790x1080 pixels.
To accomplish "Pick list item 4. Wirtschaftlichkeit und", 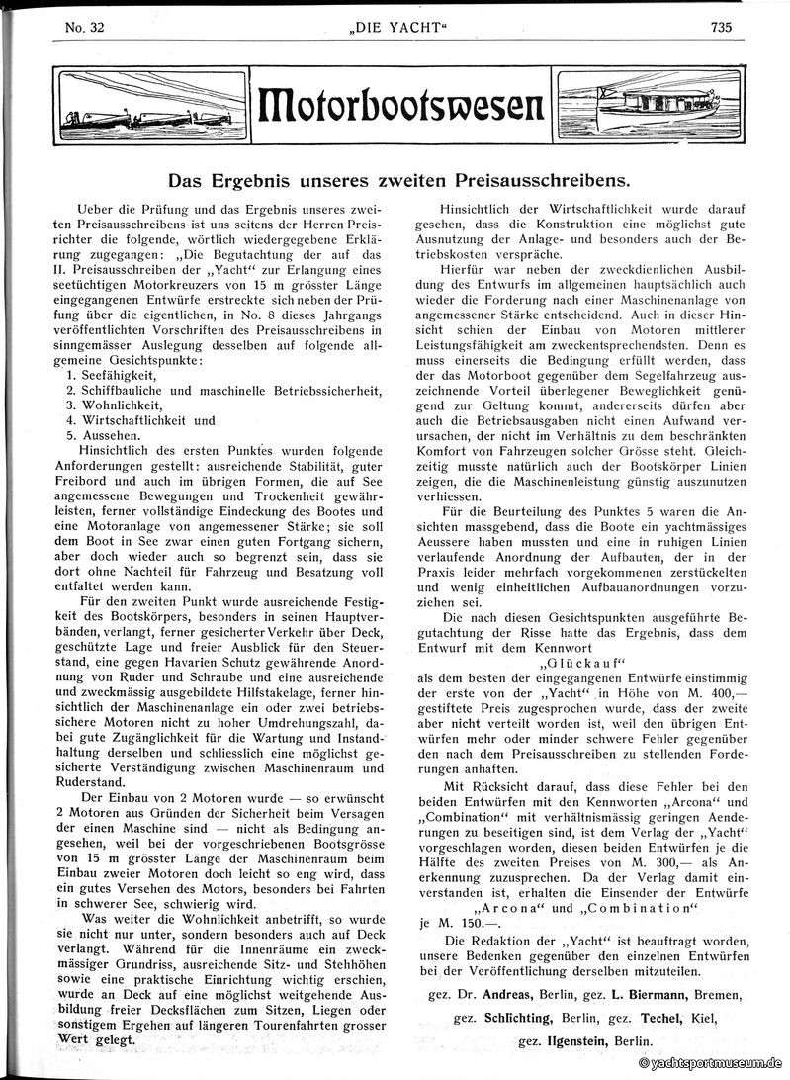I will (x=140, y=419).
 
